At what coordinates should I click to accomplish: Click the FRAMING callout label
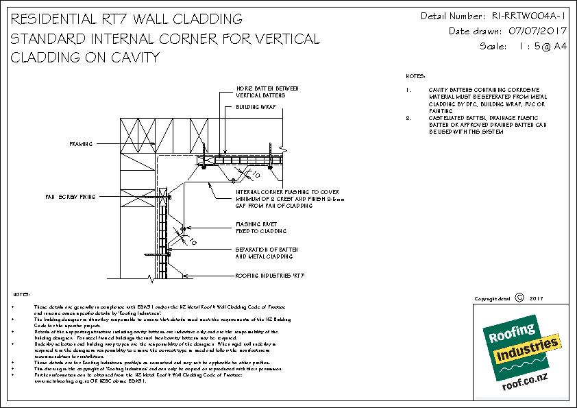click(x=81, y=145)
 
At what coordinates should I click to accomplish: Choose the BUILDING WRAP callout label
click(x=251, y=108)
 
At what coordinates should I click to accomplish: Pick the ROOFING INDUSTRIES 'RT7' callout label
click(x=269, y=275)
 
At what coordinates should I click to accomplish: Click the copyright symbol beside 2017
click(x=518, y=298)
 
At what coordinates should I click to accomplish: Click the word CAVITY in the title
click(x=130, y=58)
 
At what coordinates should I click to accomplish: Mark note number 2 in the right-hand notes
click(x=408, y=118)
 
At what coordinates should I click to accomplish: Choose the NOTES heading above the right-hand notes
click(x=415, y=75)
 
